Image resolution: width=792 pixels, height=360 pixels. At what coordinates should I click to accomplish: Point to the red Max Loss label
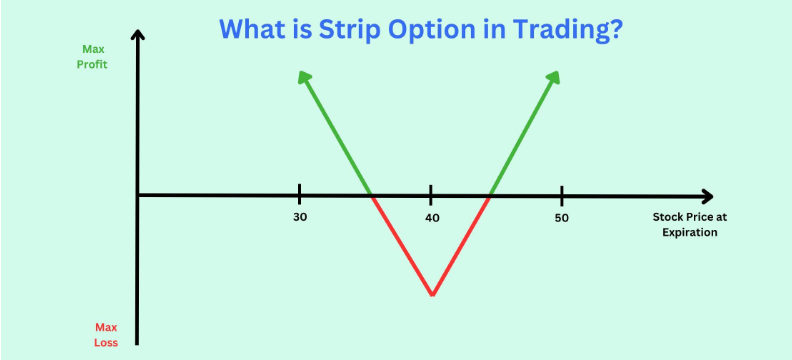(106, 334)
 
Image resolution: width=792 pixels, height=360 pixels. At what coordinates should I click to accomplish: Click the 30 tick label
(299, 217)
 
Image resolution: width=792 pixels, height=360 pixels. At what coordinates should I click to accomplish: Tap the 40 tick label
(431, 217)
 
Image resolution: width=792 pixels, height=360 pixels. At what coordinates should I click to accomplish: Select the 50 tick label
(562, 217)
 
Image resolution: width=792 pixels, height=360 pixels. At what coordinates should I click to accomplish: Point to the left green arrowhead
(302, 75)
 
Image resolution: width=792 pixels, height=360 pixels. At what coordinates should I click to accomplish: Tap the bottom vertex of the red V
(431, 294)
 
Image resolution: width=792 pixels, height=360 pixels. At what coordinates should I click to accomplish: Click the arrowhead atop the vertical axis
(138, 37)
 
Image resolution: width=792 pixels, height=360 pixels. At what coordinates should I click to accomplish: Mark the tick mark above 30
(299, 194)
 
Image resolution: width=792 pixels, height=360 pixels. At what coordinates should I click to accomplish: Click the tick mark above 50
(562, 194)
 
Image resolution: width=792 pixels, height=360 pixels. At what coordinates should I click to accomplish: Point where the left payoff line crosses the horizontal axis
(373, 195)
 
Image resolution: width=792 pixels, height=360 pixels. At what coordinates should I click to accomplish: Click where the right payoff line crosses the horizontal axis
(489, 195)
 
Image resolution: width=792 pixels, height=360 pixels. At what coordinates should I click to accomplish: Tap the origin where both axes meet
(138, 195)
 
